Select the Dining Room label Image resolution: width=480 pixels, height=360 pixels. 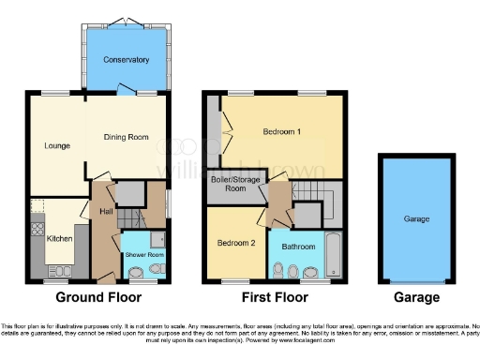pyautogui.click(x=126, y=138)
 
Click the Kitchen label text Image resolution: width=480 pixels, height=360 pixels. pyautogui.click(x=59, y=239)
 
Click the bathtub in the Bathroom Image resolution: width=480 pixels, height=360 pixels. pyautogui.click(x=334, y=254)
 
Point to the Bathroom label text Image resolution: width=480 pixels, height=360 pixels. pyautogui.click(x=297, y=247)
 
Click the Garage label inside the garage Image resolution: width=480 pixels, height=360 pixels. pyautogui.click(x=416, y=218)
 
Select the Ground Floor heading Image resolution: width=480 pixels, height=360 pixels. pyautogui.click(x=99, y=297)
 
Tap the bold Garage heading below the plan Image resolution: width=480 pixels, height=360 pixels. pyautogui.click(x=416, y=297)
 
